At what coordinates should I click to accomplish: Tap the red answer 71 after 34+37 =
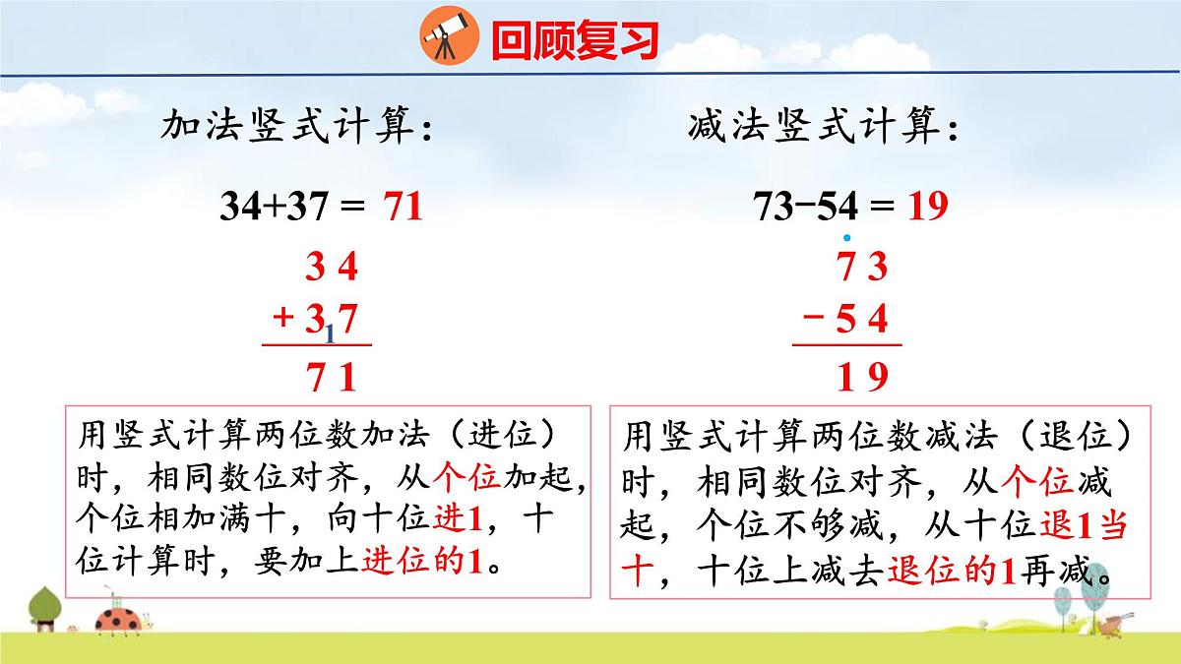click(403, 207)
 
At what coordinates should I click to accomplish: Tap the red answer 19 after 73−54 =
click(927, 207)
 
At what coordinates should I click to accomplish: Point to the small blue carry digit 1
click(331, 334)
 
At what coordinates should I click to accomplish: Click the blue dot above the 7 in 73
click(845, 237)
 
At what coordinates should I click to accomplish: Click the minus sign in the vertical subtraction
click(814, 318)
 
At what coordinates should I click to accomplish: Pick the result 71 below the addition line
click(332, 378)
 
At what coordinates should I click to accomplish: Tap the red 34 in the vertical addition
click(332, 267)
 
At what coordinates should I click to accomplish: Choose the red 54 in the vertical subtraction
click(862, 319)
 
